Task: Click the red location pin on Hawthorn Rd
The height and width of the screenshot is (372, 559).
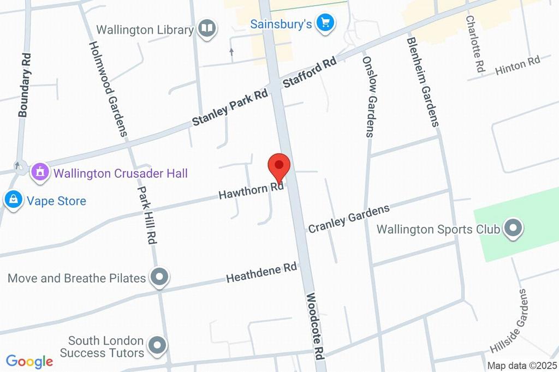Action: click(279, 166)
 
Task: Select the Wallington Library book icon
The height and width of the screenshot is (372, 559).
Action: click(207, 29)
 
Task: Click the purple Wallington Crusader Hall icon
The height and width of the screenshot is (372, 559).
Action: click(39, 173)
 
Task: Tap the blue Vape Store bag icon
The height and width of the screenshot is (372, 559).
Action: click(13, 201)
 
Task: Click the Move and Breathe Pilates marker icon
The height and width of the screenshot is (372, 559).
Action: click(159, 278)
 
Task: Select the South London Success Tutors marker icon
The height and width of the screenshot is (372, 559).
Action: click(158, 346)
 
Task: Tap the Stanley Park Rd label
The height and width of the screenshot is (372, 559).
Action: click(230, 107)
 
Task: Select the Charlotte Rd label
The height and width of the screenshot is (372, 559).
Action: click(475, 44)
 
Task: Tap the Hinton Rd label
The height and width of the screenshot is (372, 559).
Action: click(517, 66)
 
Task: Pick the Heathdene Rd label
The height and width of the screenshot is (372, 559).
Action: click(261, 273)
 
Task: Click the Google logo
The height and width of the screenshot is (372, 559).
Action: click(29, 361)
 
